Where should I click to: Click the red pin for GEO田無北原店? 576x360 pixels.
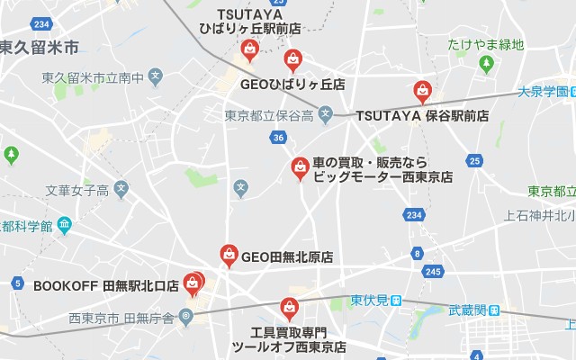tap(229, 255)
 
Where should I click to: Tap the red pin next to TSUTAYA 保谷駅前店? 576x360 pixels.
tap(422, 91)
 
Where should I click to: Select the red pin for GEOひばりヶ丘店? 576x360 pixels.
tap(293, 60)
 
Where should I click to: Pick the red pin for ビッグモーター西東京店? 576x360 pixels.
tap(301, 167)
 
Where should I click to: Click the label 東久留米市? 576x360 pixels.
tap(40, 46)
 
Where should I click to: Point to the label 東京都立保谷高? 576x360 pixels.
tap(269, 116)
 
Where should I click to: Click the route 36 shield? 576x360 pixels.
tap(278, 137)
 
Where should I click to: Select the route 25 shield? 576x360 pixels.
tap(474, 161)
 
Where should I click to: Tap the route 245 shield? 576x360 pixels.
tap(433, 271)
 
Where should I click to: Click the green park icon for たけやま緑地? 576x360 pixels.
tap(486, 64)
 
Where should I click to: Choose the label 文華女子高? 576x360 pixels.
tap(76, 190)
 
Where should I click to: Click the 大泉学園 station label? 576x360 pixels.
tap(544, 91)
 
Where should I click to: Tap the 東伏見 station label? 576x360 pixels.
tap(370, 300)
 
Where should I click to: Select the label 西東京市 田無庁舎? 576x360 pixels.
tap(122, 317)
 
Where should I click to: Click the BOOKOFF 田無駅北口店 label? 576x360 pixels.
tap(106, 285)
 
